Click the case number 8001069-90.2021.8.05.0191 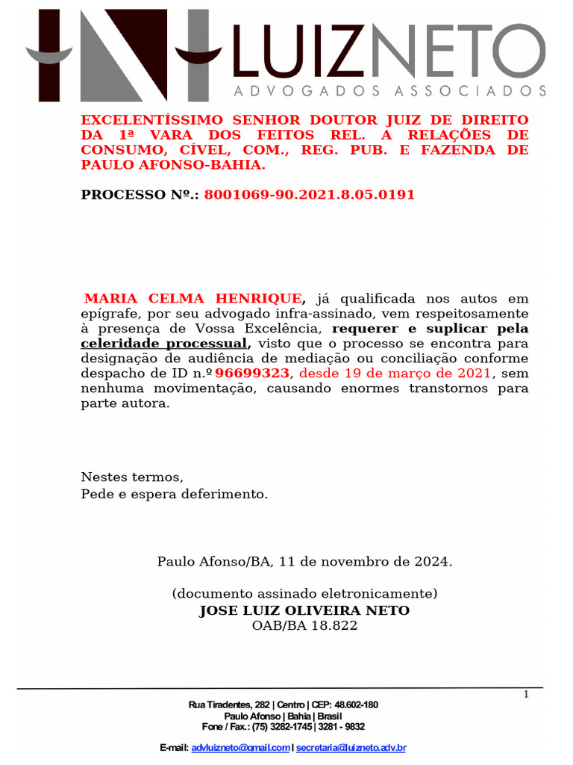[309, 195]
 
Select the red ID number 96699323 [251, 374]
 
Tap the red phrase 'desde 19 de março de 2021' [395, 374]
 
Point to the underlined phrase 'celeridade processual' [163, 344]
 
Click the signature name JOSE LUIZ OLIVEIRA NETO [304, 611]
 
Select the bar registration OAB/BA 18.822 [304, 626]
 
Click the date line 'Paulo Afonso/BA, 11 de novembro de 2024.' [304, 561]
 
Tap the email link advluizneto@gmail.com [240, 748]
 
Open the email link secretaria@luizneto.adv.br [351, 748]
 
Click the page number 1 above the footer [526, 695]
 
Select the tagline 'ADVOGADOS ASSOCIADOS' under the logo [389, 91]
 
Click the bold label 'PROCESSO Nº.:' [140, 195]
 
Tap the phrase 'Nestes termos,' [131, 477]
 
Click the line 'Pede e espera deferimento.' [174, 494]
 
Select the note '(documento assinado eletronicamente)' [304, 594]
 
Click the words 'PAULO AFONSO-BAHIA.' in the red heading [173, 165]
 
